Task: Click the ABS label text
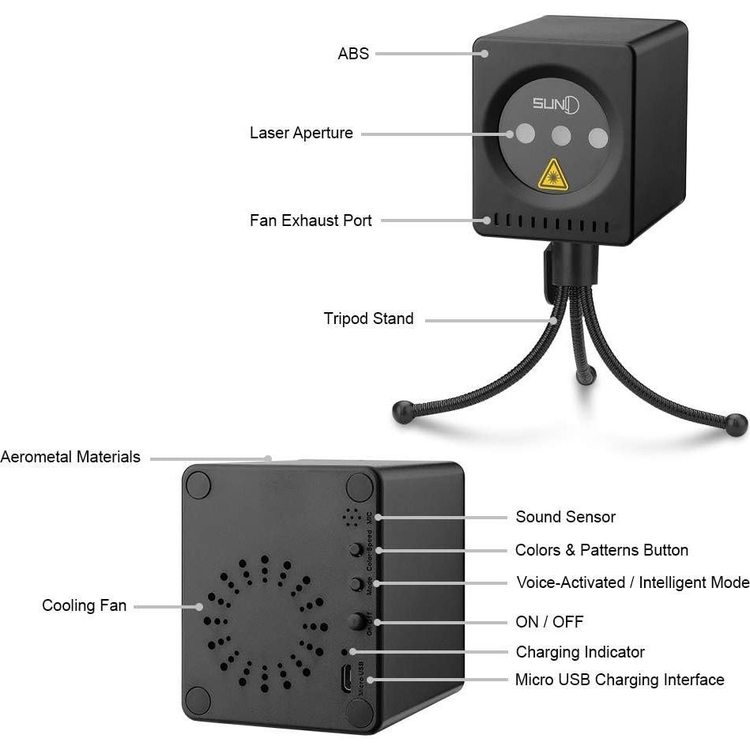point(353,54)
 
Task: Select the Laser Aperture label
point(301,133)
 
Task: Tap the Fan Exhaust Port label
point(311,220)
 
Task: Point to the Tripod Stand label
point(368,318)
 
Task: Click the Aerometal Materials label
point(70,457)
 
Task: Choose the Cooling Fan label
point(84,605)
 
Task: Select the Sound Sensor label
point(565,517)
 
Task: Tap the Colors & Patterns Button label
point(601,550)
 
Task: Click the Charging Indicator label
point(580,652)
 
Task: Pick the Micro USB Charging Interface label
point(620,680)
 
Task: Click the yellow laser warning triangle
point(553,175)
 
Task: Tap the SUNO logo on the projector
point(555,104)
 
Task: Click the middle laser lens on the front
point(561,136)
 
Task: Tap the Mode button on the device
point(356,585)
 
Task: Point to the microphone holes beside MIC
point(350,517)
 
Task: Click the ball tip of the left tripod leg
point(402,412)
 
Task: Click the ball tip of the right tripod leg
point(737,424)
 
